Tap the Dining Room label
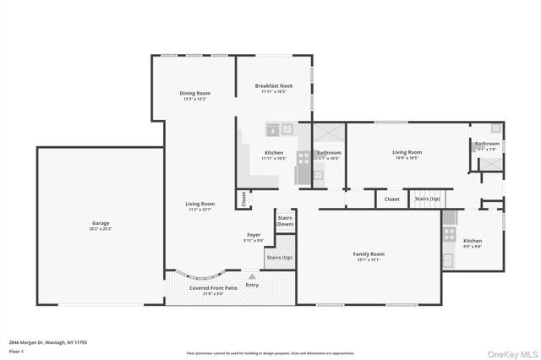tap(195, 93)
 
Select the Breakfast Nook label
tap(274, 86)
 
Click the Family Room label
tap(368, 254)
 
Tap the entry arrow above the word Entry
tap(252, 276)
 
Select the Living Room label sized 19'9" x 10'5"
tap(407, 152)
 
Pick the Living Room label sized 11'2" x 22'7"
tap(200, 204)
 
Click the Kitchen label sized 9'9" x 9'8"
tap(473, 241)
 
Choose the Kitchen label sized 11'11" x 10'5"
tap(274, 153)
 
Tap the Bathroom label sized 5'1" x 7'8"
tap(487, 144)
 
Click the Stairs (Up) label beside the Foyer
tap(279, 257)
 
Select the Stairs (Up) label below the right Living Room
tap(427, 199)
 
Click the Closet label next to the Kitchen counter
tap(243, 199)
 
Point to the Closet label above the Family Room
tap(392, 199)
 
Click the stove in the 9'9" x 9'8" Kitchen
tap(450, 234)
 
